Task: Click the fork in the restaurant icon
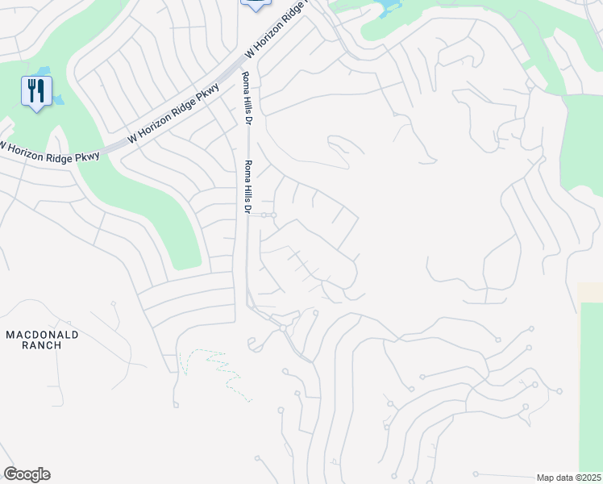pyautogui.click(x=31, y=90)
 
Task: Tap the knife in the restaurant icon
pyautogui.click(x=40, y=90)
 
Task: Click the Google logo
pyautogui.click(x=27, y=474)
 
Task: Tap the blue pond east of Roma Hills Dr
pyautogui.click(x=388, y=7)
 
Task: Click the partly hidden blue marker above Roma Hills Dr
pyautogui.click(x=255, y=4)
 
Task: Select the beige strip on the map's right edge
pyautogui.click(x=590, y=292)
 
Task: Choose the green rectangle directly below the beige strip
pyautogui.click(x=591, y=379)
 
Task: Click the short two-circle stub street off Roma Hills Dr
pyautogui.click(x=268, y=215)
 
